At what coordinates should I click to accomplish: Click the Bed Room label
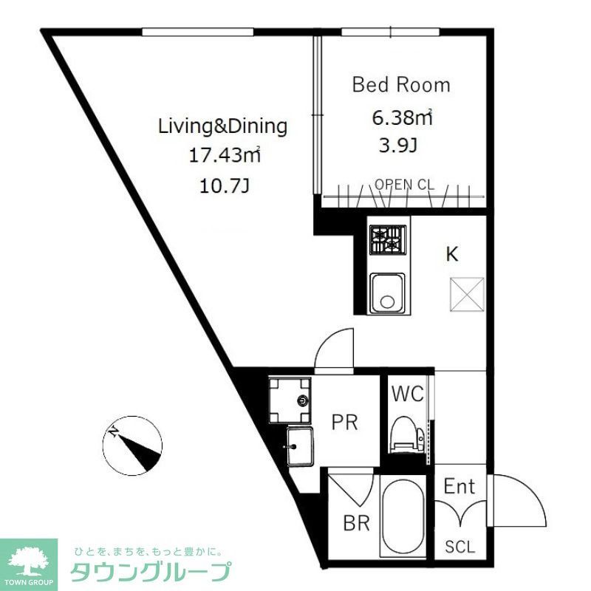click(401, 85)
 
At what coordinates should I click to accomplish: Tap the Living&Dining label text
click(222, 126)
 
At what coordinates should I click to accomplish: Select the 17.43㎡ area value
click(222, 155)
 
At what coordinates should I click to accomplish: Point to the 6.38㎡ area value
click(401, 117)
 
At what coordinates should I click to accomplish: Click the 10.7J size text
click(222, 185)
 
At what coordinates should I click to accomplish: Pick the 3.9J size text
click(397, 145)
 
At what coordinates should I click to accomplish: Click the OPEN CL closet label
click(404, 185)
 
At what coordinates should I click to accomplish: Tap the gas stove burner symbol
click(388, 239)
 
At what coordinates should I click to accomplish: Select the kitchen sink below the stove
click(386, 293)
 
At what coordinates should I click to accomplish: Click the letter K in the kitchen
click(451, 255)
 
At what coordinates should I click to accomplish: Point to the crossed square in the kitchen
click(467, 293)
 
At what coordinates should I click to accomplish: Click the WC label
click(407, 394)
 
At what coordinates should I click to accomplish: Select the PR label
click(344, 423)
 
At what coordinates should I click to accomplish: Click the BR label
click(356, 524)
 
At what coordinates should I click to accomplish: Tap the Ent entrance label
click(459, 487)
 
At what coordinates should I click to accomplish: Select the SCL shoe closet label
click(460, 547)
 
